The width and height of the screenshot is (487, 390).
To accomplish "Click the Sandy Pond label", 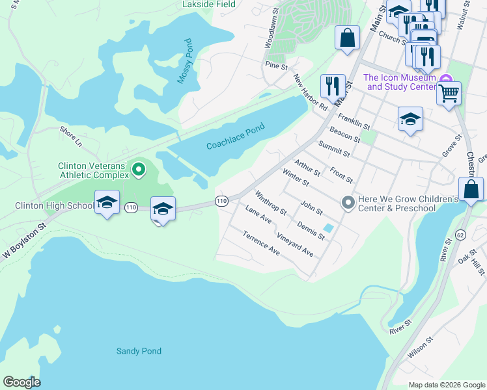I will (139, 351).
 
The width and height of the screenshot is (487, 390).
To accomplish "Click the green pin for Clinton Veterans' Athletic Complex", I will (138, 170).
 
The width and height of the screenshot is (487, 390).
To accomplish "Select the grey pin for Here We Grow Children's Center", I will (348, 203).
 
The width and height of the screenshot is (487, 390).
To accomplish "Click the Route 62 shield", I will (461, 234).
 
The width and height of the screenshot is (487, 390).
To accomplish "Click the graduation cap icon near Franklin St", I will (410, 119).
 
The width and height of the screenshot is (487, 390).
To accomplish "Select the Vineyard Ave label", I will (294, 244).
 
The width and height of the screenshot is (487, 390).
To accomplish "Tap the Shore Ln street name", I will (70, 136).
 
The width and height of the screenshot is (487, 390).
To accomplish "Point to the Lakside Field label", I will (209, 4).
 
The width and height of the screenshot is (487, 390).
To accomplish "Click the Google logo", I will (21, 382).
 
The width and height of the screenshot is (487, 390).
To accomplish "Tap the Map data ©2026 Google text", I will (446, 385).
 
